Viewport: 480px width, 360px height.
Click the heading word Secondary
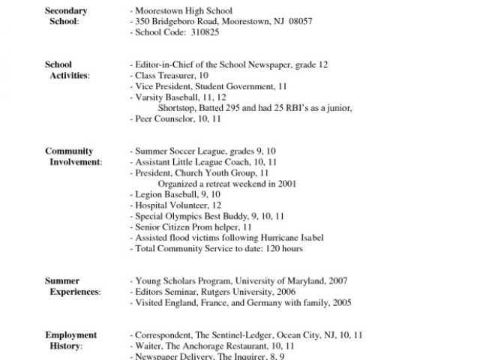pos(66,10)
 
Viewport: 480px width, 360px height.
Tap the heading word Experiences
pos(74,292)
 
